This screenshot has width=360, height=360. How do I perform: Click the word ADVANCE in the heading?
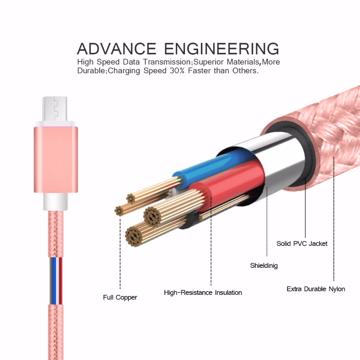coord(117,49)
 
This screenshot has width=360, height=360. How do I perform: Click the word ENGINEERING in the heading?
coord(221,49)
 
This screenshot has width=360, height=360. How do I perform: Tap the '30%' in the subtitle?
coord(177,71)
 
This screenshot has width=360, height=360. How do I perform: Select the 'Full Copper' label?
coord(120,298)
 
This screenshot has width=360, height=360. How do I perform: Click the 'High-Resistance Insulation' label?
coord(203,292)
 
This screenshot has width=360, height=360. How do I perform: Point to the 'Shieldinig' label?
coord(264,266)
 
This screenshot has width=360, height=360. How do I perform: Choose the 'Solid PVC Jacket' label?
coord(302,244)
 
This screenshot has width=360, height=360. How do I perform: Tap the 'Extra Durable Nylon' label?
coord(316,289)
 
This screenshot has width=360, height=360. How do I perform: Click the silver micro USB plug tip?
coord(55,109)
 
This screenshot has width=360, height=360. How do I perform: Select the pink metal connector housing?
coord(56,159)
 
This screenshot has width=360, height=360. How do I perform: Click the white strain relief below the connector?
coord(55,202)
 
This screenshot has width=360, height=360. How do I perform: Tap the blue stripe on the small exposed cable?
coord(54,281)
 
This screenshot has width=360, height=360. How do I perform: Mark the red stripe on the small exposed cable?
coord(60,281)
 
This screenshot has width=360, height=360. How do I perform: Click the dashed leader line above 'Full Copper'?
coord(120,254)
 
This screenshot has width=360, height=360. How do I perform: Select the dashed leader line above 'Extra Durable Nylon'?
coord(334,219)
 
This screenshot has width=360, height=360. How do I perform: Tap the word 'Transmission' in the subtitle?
coord(167,62)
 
